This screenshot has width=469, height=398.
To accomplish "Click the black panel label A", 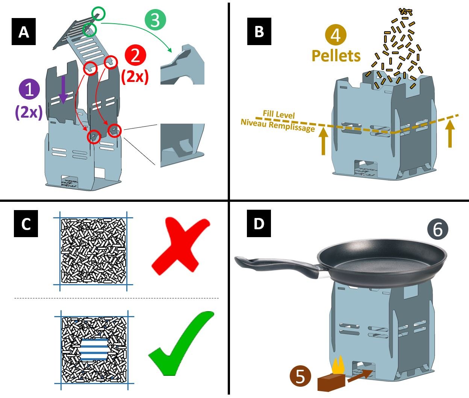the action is [24, 32].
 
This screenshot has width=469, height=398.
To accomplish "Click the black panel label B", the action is [259, 31].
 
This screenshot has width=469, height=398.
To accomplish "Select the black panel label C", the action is [26, 224].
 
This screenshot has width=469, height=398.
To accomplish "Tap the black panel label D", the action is [259, 224].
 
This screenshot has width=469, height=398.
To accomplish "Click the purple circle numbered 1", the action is [29, 89].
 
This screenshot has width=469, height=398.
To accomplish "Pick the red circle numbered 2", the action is [135, 56].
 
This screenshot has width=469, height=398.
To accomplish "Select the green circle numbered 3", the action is [156, 20].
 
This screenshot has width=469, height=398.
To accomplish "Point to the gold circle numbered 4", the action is [336, 35].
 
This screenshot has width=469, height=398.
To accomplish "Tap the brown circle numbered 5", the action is [300, 376].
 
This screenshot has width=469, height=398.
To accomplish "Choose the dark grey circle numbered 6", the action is [438, 229].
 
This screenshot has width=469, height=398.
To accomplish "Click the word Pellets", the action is [336, 56].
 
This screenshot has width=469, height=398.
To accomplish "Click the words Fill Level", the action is [278, 114].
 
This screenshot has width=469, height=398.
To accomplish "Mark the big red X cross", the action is [181, 246].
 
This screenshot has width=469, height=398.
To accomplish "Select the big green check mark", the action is [181, 343].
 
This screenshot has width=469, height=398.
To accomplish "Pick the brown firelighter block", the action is [331, 382].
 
